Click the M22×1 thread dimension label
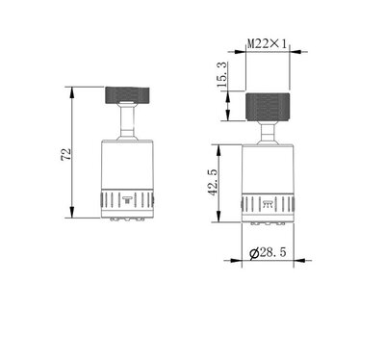point(267,43)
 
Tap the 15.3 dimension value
point(222,75)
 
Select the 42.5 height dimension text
point(213,183)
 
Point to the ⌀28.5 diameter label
point(268,253)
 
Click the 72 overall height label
point(66,154)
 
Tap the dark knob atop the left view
point(128,95)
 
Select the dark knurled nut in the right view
point(268,107)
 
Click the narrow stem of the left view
point(127,121)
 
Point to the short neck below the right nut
point(268,133)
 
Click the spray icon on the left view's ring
point(127,200)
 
